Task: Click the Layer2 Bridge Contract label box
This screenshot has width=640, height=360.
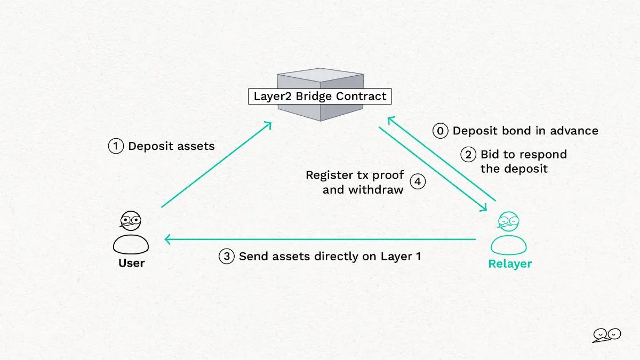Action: tap(319, 97)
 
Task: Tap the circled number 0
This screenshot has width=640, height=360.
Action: tap(441, 131)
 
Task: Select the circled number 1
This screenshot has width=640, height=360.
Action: tap(116, 146)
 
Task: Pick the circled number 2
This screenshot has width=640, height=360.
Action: tap(468, 155)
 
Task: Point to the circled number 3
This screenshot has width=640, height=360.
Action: tap(227, 257)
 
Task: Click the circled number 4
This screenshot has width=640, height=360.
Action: tap(418, 181)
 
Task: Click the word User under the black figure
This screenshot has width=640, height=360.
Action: tap(131, 263)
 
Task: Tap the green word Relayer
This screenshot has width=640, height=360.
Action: tap(510, 263)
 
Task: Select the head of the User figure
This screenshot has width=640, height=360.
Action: tap(131, 221)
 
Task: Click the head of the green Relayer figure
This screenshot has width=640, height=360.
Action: tap(508, 221)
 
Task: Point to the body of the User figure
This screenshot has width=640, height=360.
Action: tap(131, 244)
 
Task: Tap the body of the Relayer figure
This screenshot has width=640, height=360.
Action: tap(509, 245)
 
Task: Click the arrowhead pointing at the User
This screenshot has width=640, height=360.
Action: tap(167, 239)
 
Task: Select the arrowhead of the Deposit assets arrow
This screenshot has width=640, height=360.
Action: tap(268, 125)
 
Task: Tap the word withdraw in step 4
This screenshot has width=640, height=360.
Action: tap(375, 189)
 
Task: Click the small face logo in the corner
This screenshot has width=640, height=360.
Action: tap(606, 335)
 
